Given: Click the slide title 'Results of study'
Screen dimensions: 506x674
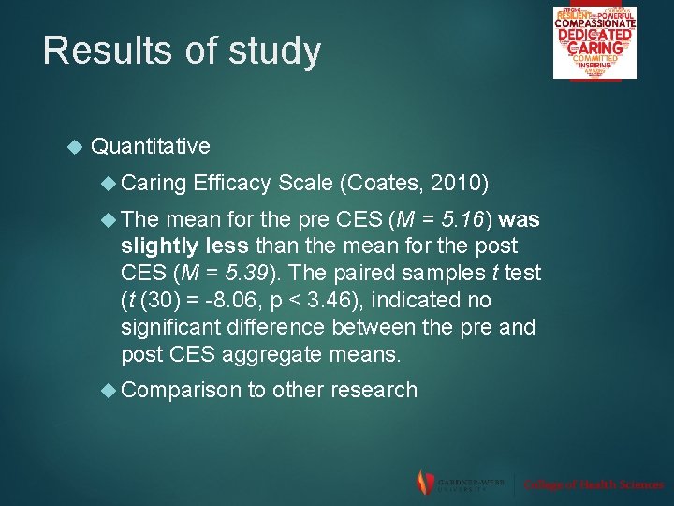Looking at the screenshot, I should coord(182,51).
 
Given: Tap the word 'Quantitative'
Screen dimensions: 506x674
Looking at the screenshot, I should coord(151,146).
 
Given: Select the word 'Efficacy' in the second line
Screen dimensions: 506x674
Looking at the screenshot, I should coord(232,184).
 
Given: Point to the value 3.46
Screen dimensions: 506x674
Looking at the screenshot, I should coord(337,301).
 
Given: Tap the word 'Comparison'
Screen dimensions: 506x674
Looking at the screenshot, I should coord(181,390).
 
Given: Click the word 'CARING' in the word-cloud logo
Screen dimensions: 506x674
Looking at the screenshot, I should coord(594,47).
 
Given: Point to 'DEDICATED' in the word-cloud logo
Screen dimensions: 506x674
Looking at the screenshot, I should coord(594,35).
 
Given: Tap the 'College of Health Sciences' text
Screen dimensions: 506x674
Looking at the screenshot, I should coord(593,484).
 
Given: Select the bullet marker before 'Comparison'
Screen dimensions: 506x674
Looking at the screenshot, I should coord(108,390).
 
